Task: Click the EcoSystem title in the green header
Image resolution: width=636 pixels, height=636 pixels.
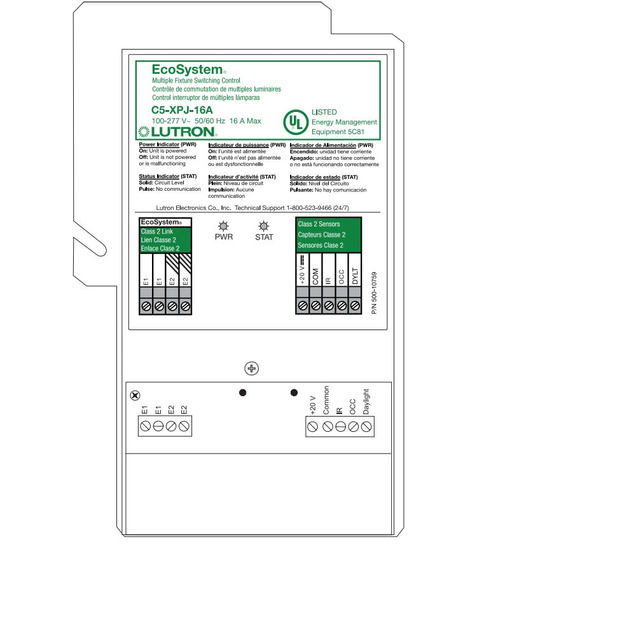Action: click(x=188, y=70)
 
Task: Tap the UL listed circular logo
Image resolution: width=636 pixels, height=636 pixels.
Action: click(x=295, y=121)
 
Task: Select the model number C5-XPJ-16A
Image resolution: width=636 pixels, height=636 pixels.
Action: click(x=182, y=110)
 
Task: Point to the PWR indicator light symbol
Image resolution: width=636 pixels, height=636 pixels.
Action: click(x=224, y=226)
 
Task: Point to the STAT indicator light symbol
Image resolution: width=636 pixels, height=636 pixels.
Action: click(x=264, y=226)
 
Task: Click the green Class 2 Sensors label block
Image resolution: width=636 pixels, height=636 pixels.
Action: click(x=329, y=235)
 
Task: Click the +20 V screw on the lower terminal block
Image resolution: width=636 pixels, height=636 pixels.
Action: click(x=312, y=427)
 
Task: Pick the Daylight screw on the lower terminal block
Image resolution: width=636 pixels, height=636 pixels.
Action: click(x=366, y=427)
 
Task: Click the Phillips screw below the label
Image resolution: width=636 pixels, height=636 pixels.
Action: click(x=252, y=369)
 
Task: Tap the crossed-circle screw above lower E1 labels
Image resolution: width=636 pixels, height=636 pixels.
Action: click(x=135, y=396)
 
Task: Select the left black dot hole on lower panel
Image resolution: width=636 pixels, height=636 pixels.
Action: click(x=242, y=393)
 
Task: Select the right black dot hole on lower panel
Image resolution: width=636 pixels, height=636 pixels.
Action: click(x=294, y=393)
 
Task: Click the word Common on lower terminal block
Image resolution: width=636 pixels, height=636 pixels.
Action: click(x=326, y=400)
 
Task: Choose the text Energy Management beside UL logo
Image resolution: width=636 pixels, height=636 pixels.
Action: click(x=344, y=122)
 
